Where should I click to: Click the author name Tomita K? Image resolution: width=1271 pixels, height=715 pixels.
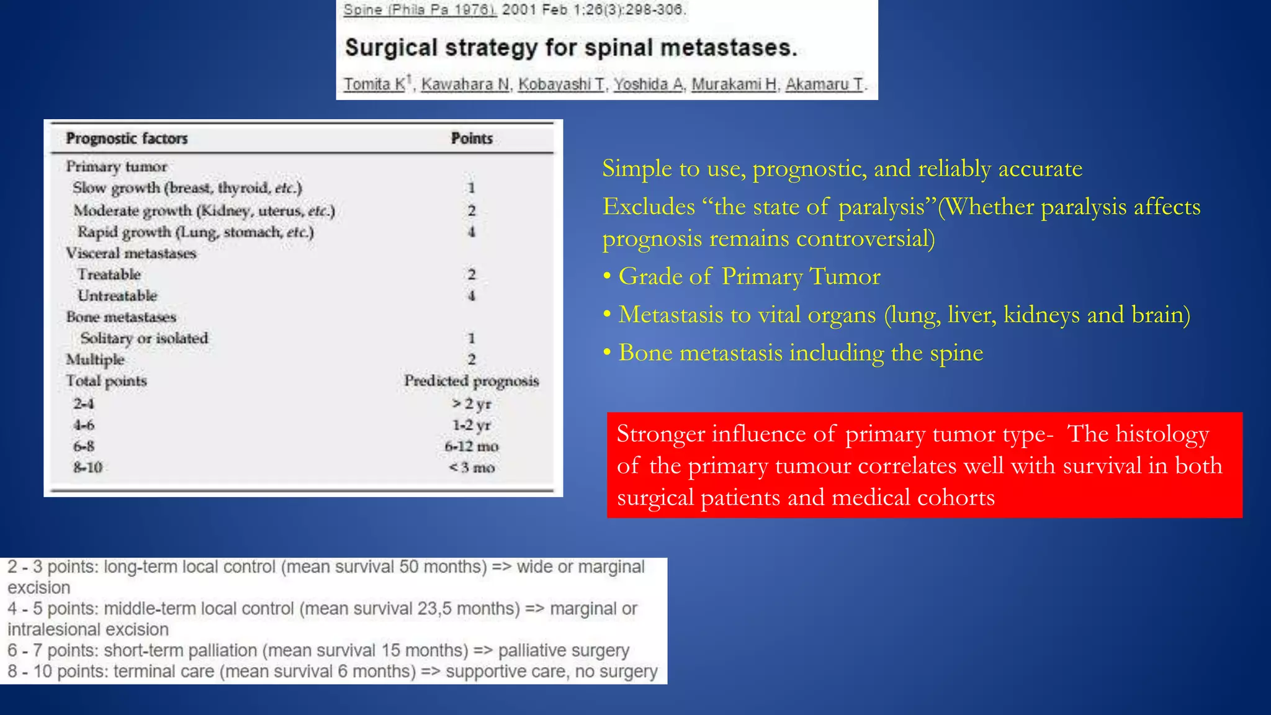(374, 84)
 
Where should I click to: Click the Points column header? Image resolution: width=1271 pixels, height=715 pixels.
(472, 138)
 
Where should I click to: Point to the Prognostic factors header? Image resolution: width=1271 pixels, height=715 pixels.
(127, 138)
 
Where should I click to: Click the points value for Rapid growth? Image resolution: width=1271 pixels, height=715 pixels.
(472, 232)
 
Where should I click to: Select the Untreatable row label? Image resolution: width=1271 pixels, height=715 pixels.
(117, 296)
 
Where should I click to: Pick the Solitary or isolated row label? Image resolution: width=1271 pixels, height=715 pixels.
(144, 338)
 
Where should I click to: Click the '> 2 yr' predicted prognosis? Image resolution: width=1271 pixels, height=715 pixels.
(472, 404)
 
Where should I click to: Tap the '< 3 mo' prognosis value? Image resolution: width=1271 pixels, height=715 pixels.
(472, 467)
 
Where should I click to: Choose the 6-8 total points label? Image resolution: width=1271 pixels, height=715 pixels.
(84, 446)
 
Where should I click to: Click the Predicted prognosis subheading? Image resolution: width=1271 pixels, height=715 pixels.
(472, 380)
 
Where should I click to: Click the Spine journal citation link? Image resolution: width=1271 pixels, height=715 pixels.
(420, 10)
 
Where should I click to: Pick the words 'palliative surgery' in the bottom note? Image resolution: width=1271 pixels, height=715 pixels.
(564, 650)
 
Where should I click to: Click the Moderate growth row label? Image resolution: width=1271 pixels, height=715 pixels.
(204, 211)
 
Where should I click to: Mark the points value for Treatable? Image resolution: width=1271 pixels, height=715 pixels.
(472, 274)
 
